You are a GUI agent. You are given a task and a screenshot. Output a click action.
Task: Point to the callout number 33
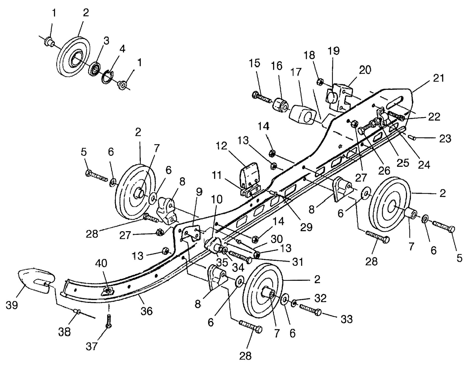click(346, 319)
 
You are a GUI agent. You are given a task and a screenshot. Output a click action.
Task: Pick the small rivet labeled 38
click(77, 311)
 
